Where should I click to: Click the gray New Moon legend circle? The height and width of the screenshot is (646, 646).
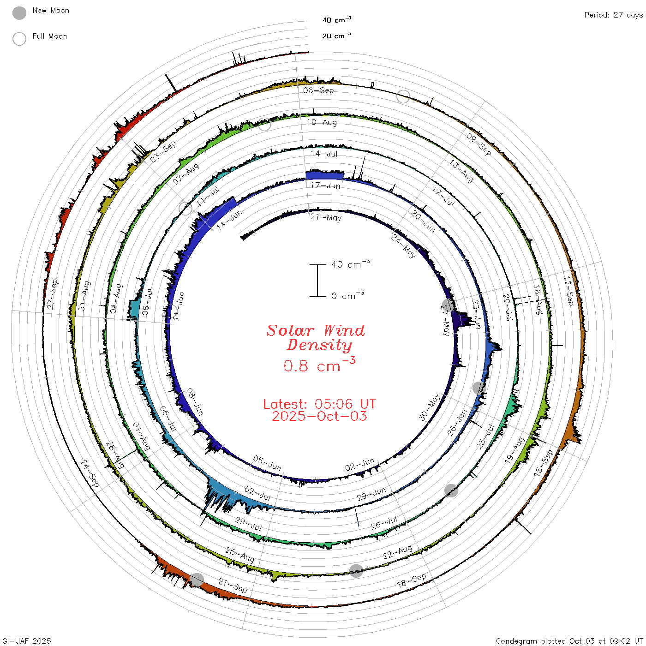(19, 13)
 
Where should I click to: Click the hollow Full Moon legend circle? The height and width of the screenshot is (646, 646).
(19, 39)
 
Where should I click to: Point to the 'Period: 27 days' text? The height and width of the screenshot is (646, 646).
(614, 15)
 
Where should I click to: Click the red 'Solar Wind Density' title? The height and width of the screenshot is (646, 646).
(316, 338)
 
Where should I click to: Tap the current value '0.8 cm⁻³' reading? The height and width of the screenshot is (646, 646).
(319, 365)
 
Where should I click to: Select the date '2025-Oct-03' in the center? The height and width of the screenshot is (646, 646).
(319, 416)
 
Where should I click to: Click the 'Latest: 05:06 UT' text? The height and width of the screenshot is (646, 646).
(319, 404)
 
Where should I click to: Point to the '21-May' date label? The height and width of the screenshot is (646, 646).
(325, 217)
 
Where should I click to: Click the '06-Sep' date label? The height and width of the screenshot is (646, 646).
(318, 90)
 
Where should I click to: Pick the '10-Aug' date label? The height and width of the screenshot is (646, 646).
(322, 122)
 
